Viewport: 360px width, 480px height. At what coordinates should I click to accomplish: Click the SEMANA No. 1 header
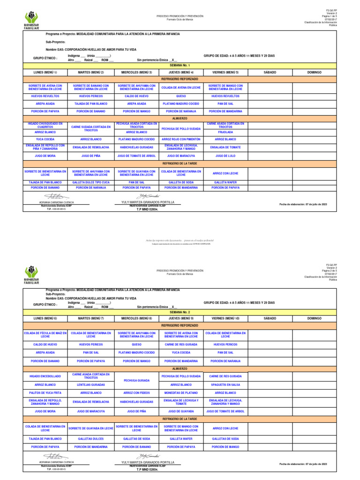coord(180,65)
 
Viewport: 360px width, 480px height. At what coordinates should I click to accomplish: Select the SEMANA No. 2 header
coord(180,311)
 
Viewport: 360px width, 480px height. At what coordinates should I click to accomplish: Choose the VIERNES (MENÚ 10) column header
coord(225,318)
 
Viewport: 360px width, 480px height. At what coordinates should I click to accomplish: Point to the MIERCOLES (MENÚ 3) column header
coord(137,73)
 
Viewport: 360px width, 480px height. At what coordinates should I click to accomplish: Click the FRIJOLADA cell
coord(225,132)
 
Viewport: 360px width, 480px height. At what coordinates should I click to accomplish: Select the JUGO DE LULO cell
coord(225,155)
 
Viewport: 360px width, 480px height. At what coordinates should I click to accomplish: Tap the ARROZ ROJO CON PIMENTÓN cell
coord(181,139)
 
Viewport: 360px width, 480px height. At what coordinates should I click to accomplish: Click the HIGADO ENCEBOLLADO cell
coord(45,376)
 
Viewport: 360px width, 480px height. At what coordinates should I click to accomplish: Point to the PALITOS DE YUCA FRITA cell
coord(45,393)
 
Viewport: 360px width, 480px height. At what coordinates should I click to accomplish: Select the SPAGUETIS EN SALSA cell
coord(225,384)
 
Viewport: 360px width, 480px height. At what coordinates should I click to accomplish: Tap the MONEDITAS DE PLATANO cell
coord(181,393)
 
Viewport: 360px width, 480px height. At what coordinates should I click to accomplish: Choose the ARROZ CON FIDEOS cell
coord(137,393)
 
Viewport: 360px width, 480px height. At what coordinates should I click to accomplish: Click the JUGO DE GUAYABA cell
coord(181,411)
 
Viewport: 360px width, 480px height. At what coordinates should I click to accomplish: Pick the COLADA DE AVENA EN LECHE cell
coord(181,88)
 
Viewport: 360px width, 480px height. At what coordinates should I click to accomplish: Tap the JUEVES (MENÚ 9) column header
coord(181,318)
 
